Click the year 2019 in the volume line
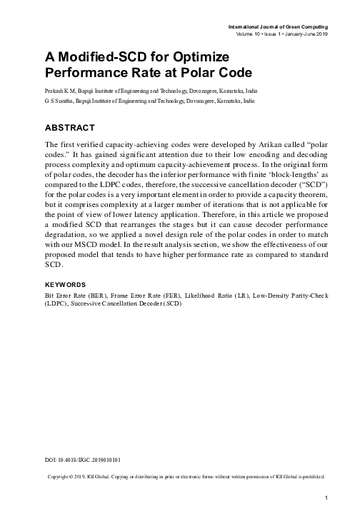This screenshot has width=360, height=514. click(319, 34)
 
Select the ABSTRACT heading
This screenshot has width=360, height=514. click(70, 128)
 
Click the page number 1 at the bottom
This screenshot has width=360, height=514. click(326, 497)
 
